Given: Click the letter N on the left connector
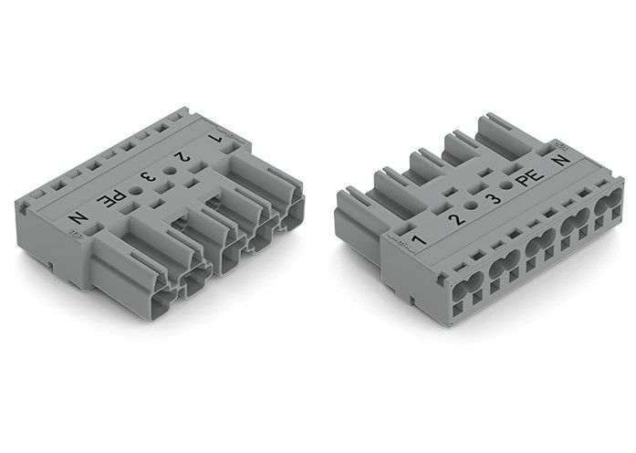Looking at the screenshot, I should click(x=79, y=219).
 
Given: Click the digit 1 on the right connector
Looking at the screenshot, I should click(x=418, y=239).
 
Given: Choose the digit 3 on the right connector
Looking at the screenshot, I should click(x=493, y=198).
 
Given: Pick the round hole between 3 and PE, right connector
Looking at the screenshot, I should click(x=508, y=184).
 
